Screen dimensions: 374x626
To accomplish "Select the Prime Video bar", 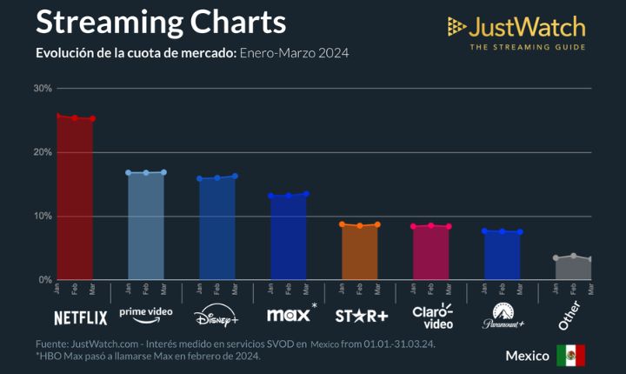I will pyautogui.click(x=146, y=226).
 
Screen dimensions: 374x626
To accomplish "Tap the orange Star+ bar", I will pyautogui.click(x=360, y=252).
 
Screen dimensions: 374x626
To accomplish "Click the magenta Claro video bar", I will pyautogui.click(x=431, y=252).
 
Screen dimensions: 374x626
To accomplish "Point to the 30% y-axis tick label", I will pyautogui.click(x=43, y=89).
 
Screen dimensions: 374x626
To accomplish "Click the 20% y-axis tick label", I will pyautogui.click(x=43, y=152).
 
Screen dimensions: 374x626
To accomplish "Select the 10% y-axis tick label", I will pyautogui.click(x=43, y=216).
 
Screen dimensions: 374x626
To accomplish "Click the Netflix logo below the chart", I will pyautogui.click(x=80, y=317).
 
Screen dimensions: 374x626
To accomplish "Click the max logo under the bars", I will pyautogui.click(x=290, y=314).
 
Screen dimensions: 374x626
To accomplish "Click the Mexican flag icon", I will pyautogui.click(x=571, y=355).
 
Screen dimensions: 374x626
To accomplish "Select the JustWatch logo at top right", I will pyautogui.click(x=516, y=33).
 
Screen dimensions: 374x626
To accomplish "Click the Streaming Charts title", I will pyautogui.click(x=161, y=21).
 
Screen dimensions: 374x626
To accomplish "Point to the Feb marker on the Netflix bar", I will pyautogui.click(x=75, y=117).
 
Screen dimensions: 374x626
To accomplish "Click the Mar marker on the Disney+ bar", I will pyautogui.click(x=235, y=176).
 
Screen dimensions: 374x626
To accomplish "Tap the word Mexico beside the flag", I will pyautogui.click(x=528, y=356).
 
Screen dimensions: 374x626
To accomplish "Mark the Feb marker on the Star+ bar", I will pyautogui.click(x=360, y=225).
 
